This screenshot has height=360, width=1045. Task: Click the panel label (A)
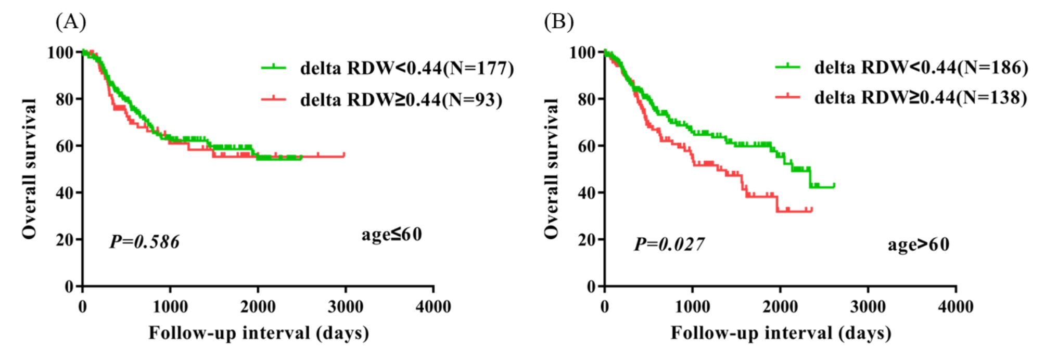click(71, 22)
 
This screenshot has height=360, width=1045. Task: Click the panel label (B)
click(559, 22)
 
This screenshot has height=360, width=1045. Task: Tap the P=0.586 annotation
click(144, 242)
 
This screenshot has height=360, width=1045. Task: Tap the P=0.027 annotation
click(669, 244)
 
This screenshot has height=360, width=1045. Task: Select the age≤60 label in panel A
click(391, 235)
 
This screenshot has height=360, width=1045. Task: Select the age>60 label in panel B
click(918, 245)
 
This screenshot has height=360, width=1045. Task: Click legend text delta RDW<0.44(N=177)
click(407, 68)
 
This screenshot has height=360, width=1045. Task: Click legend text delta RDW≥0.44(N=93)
click(401, 99)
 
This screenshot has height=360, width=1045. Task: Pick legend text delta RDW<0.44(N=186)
click(921, 67)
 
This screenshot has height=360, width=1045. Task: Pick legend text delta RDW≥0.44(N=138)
click(920, 97)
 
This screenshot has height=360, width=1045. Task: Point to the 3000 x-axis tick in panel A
click(346, 306)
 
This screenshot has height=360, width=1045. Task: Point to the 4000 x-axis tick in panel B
click(955, 306)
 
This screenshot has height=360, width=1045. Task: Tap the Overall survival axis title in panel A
click(30, 169)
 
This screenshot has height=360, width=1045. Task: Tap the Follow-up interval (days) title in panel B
click(781, 333)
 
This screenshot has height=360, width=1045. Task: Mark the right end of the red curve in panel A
click(344, 155)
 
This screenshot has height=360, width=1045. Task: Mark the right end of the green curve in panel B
click(834, 185)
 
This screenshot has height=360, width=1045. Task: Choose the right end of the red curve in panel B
click(812, 210)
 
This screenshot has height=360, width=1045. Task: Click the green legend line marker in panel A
click(274, 67)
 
